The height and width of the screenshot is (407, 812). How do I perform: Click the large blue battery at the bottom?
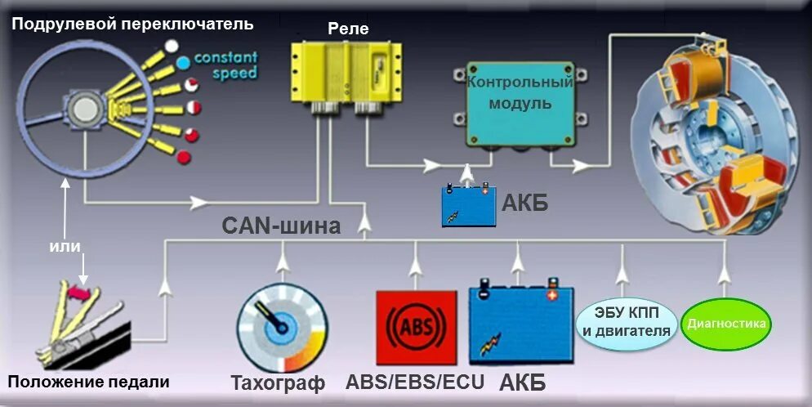coord(520,325)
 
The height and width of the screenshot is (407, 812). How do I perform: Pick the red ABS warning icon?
coord(416,328)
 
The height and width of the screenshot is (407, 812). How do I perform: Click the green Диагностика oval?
coord(726,324)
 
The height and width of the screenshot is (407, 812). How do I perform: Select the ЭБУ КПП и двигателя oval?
coord(627,323)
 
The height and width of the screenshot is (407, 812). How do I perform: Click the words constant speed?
coord(225,65)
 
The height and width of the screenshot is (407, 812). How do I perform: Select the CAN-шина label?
coord(281,226)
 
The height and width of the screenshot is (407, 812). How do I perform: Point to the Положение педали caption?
coord(88,382)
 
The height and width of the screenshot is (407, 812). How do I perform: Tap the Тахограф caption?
coord(278,382)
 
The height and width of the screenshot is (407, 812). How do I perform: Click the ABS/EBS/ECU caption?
coord(415,382)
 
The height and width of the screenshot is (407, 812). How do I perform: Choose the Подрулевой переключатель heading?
coord(132,25)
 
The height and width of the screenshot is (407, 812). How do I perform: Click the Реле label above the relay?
coord(348,29)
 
